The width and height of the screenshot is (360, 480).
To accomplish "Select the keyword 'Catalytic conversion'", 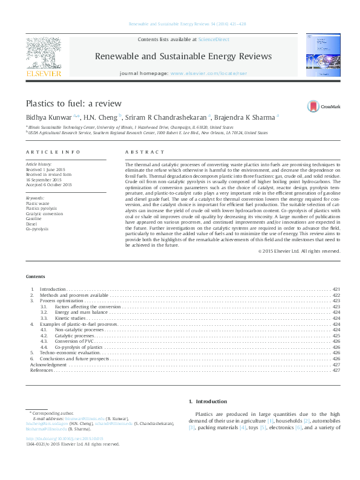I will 44,213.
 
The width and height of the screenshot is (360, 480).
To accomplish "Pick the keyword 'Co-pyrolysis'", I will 38,229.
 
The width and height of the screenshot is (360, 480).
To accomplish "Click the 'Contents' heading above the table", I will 35,276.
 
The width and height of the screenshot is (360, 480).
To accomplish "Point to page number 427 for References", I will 336,370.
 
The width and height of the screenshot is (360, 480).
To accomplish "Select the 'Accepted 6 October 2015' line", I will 48,184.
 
